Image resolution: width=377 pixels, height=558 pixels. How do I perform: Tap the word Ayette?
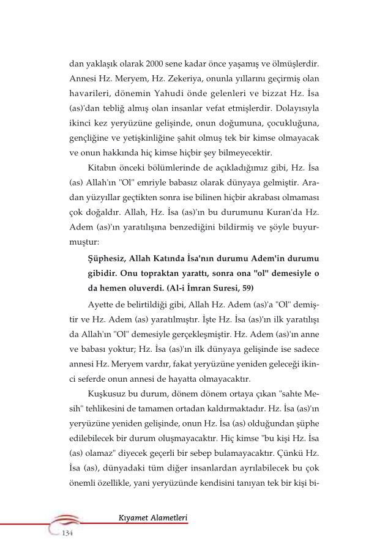point(105,305)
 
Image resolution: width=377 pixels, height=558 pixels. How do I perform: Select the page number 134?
point(67,534)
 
